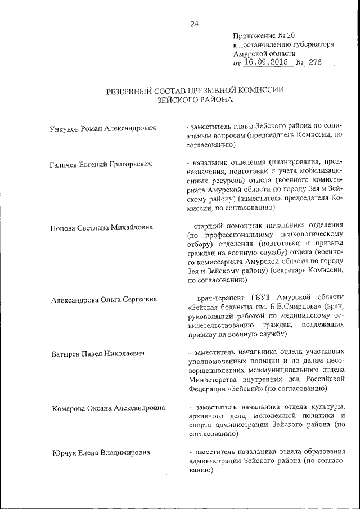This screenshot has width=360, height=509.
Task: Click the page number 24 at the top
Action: (195, 24)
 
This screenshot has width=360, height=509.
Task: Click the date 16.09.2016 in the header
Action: (267, 63)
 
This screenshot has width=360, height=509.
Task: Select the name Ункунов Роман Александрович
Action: (103, 129)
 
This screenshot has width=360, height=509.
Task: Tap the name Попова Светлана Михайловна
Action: (102, 228)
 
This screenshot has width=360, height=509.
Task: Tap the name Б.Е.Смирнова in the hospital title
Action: (299, 308)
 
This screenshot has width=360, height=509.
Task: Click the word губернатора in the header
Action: (314, 43)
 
